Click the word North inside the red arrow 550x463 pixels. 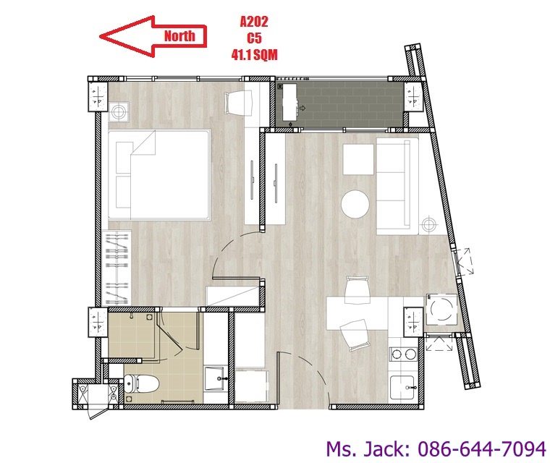(179, 35)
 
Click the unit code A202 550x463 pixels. (254, 22)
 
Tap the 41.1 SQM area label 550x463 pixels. (254, 55)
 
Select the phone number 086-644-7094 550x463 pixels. (482, 449)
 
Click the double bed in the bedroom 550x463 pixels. (159, 174)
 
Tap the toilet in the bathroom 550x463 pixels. (142, 383)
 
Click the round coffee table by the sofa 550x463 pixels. (355, 204)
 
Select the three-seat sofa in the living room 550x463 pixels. (397, 186)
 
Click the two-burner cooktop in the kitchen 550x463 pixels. (403, 354)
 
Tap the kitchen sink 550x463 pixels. (402, 387)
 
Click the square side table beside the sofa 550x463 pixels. (358, 159)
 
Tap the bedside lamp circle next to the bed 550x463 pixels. (119, 112)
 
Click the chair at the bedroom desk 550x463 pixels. (239, 103)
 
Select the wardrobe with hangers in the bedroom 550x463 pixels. (117, 268)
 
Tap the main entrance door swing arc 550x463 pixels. (312, 372)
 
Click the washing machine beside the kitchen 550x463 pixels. (441, 310)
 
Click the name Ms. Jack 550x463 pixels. (368, 449)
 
